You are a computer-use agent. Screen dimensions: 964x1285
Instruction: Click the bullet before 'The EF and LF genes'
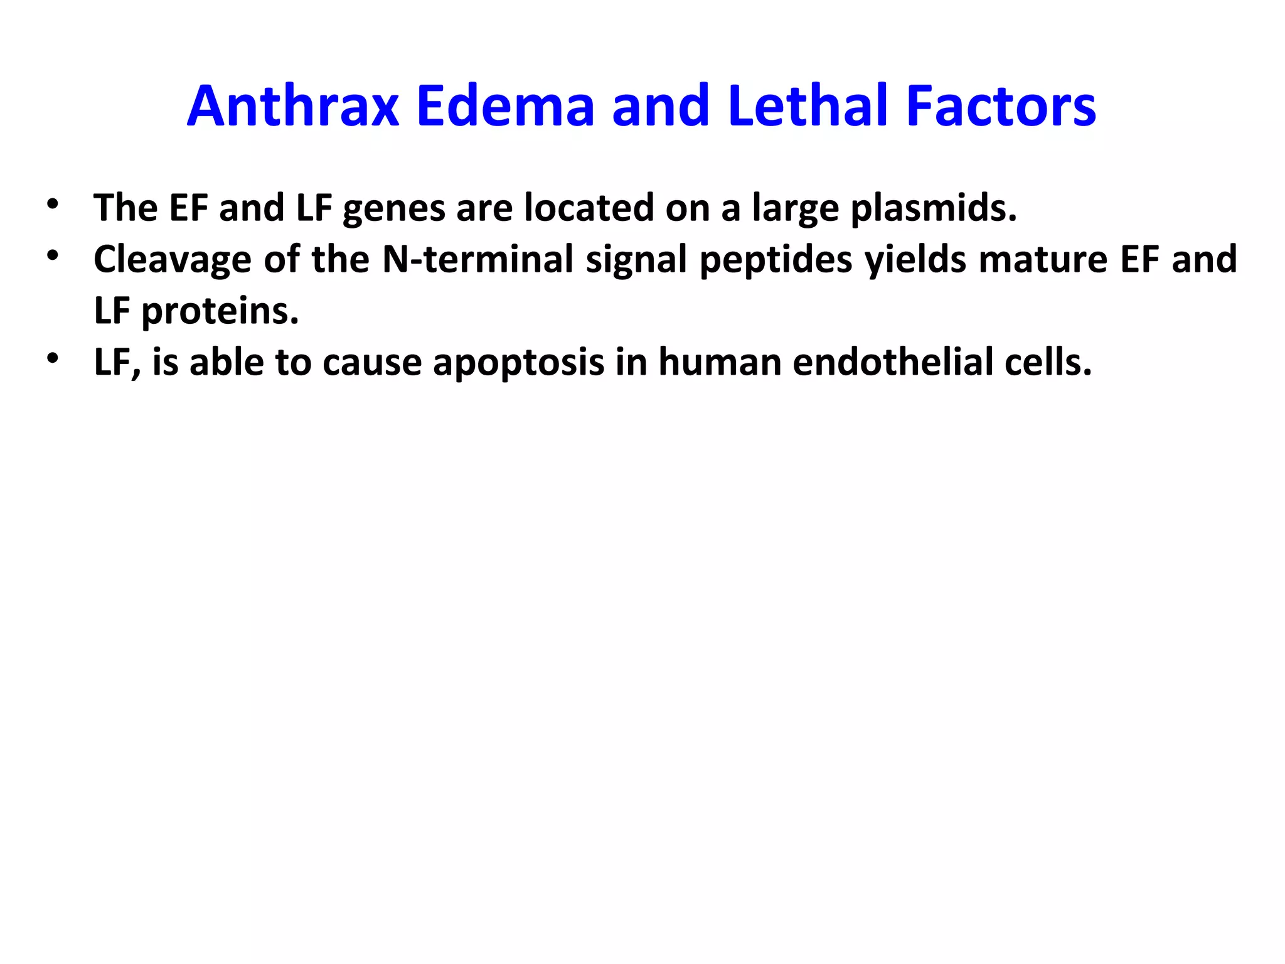52,204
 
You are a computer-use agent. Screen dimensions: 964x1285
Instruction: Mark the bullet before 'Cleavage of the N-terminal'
52,255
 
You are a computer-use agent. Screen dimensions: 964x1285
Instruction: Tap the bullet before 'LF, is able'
52,358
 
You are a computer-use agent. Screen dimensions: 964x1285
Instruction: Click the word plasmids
933,208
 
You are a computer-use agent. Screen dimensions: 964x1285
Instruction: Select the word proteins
220,311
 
